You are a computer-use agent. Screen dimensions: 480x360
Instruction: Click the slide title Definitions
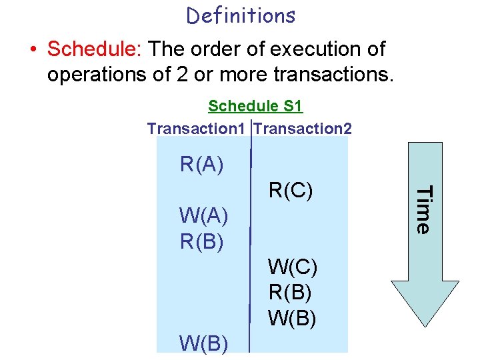[x=241, y=15]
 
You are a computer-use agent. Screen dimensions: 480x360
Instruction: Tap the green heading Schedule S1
[x=255, y=106]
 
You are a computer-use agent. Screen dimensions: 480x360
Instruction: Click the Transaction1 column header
[x=196, y=128]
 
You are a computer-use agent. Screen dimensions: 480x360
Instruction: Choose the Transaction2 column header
[x=303, y=128]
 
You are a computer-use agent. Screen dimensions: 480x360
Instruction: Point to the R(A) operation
[x=201, y=164]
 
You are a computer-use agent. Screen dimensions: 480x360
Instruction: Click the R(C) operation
[x=291, y=191]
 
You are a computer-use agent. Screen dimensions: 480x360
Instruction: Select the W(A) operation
[x=204, y=216]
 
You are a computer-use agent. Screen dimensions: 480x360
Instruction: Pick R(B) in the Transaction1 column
[x=201, y=241]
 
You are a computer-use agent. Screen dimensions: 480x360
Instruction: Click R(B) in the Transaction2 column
[x=291, y=292]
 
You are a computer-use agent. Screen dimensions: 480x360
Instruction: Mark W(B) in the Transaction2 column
[x=293, y=317]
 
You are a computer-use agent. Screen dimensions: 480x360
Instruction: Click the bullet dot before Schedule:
[x=33, y=50]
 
